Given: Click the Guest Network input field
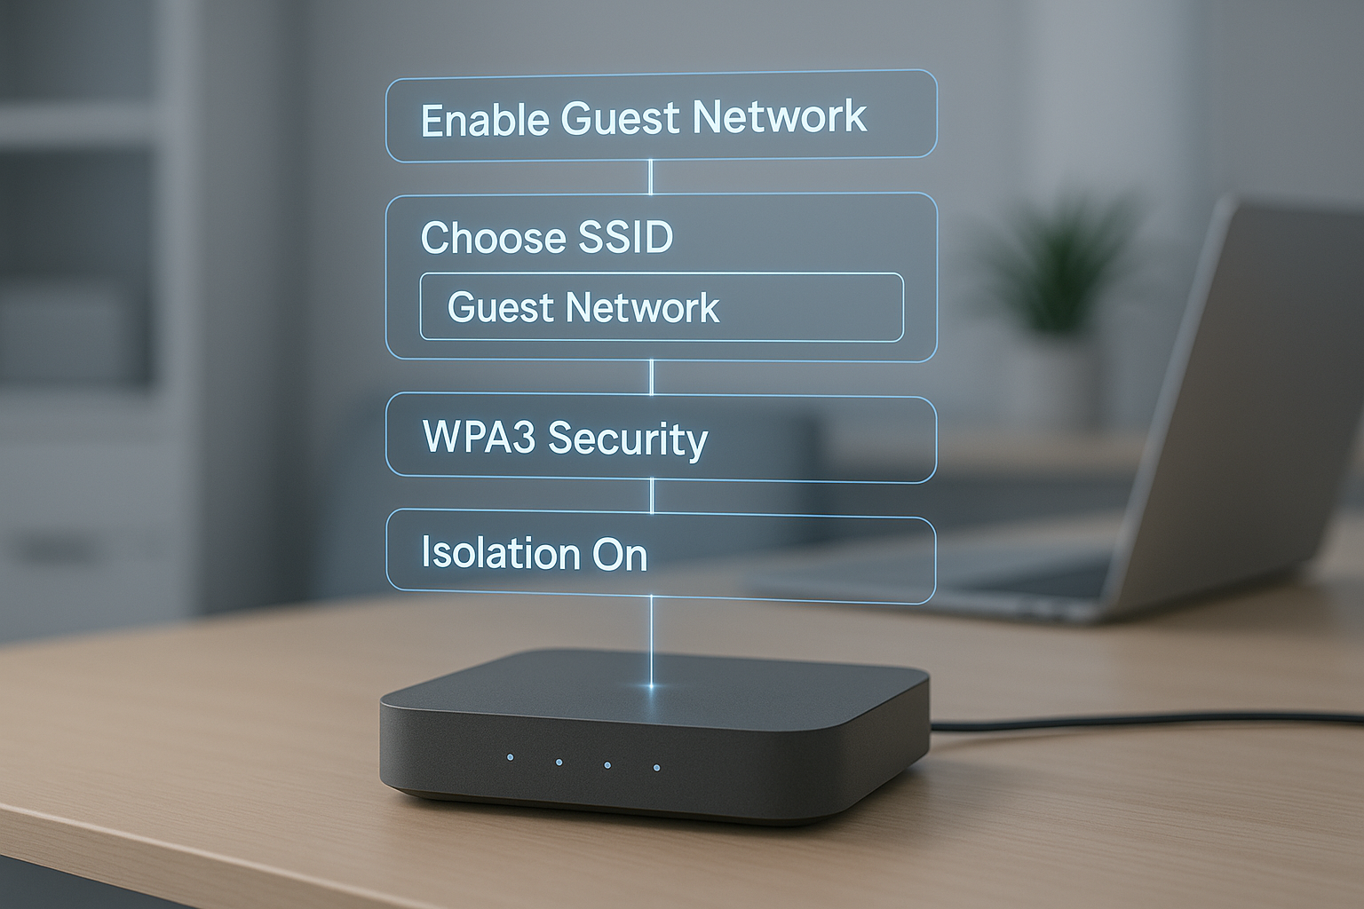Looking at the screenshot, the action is [x=661, y=307].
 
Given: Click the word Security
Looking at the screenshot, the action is [x=627, y=439].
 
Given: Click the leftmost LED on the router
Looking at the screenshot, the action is [x=510, y=757].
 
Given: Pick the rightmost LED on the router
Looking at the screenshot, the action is [x=656, y=767].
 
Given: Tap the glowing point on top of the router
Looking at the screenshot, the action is [x=653, y=686].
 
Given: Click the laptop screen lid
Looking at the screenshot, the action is [x=1270, y=399].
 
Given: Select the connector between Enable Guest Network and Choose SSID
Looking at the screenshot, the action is [x=651, y=177].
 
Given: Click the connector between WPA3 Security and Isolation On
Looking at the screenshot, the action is [x=653, y=496].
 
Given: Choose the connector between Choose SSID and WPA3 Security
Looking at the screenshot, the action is [x=652, y=377].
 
